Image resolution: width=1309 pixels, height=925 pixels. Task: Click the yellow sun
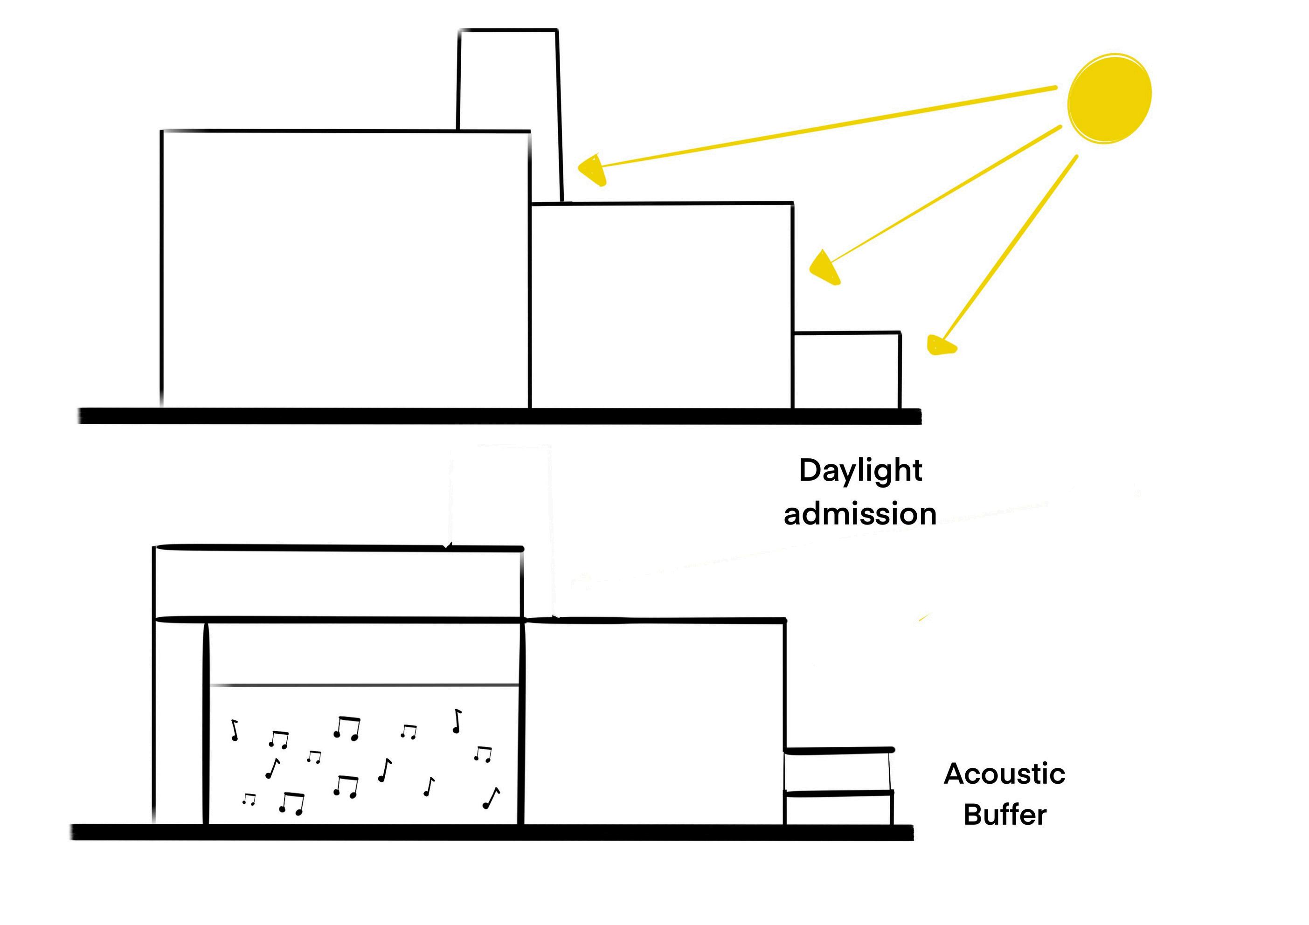pos(1109,98)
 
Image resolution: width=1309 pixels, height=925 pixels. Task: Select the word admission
pos(860,514)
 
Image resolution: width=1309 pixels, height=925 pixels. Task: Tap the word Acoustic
pos(1004,774)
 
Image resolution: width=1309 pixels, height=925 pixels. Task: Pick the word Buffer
pos(1004,815)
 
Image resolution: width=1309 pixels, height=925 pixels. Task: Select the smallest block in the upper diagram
pos(847,371)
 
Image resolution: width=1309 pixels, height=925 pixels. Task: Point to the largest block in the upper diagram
pos(345,268)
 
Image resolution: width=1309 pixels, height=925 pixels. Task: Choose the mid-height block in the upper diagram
pos(661,305)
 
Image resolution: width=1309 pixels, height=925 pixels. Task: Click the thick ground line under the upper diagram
pos(499,416)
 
